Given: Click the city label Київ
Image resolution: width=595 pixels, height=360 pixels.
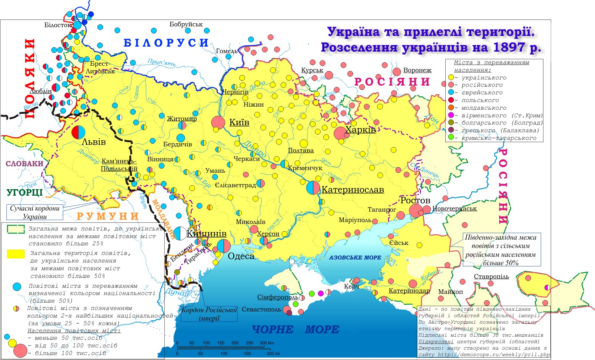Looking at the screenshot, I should pos(239,123).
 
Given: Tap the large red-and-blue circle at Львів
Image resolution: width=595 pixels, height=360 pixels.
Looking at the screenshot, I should pos(78,132).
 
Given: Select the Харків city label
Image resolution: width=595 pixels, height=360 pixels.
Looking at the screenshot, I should pos(360,130).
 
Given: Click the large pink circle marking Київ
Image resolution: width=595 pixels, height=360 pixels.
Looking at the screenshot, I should pos(218,122).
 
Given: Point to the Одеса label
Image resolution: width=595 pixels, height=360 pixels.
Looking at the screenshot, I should pos(241,256).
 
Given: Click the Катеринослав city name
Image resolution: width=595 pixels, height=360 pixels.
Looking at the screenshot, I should pos(352,190).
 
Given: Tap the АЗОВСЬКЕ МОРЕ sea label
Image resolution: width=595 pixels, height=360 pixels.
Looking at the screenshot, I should pos(355,258).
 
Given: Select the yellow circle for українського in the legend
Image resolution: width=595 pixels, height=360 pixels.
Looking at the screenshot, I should pos(451,78).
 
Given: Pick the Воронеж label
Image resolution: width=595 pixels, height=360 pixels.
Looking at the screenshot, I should pos(417,70).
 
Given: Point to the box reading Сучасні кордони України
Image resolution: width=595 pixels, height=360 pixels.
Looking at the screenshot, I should pos(35,212).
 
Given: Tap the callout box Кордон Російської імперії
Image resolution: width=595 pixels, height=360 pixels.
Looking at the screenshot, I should pos(209,314).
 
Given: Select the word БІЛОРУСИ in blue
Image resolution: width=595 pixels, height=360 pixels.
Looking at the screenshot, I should pos(166,43).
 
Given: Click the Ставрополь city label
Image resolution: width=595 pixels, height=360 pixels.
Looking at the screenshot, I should pos(491,277).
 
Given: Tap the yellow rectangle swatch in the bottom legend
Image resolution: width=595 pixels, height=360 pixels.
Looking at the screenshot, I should pos(16,253).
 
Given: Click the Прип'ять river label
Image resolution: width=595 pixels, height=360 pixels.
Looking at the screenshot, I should pos(162,62).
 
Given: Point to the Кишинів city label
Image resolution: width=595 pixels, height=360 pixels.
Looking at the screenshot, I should pos(207,234).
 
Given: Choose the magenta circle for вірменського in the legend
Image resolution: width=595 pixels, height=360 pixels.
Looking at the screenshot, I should pos(451,115).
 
